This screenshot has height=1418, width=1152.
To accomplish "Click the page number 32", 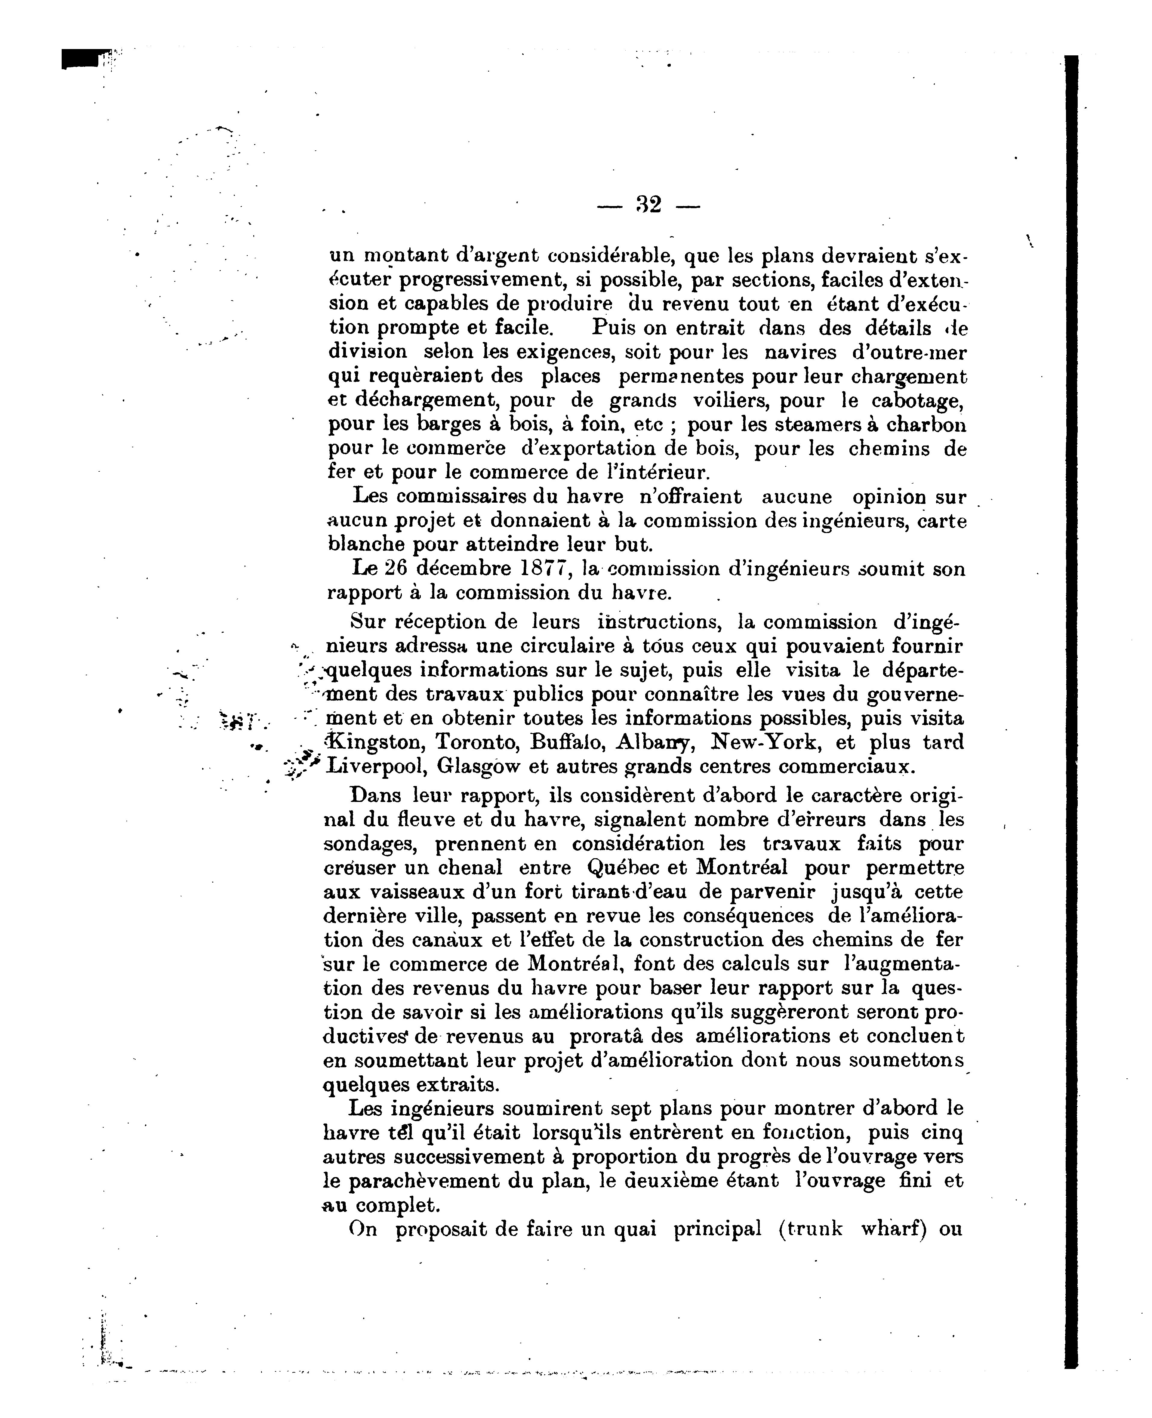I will point(649,204).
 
